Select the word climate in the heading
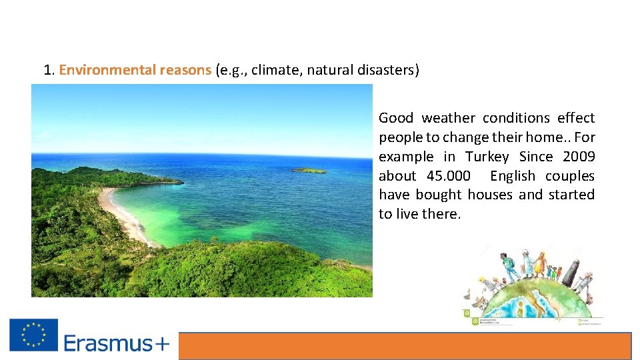[276, 70]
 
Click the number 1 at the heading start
[47, 70]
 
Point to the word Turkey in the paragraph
[487, 157]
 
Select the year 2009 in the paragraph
[578, 157]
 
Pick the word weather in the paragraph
[448, 118]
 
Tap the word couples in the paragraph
[569, 176]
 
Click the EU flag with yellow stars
[33, 335]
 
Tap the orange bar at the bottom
[404, 346]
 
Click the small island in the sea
[309, 171]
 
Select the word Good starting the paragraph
[396, 118]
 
